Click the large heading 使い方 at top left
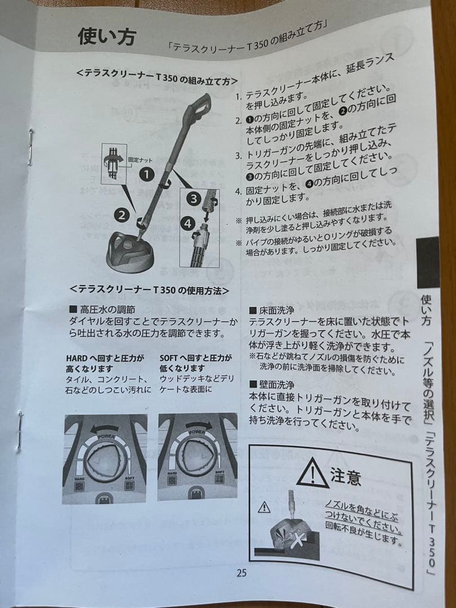point(106,37)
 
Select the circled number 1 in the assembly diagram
point(146,174)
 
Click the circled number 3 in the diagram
point(193,198)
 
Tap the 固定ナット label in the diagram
point(140,160)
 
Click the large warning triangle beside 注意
point(312,472)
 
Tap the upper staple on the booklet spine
point(32,140)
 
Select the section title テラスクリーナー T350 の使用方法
point(149,290)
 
